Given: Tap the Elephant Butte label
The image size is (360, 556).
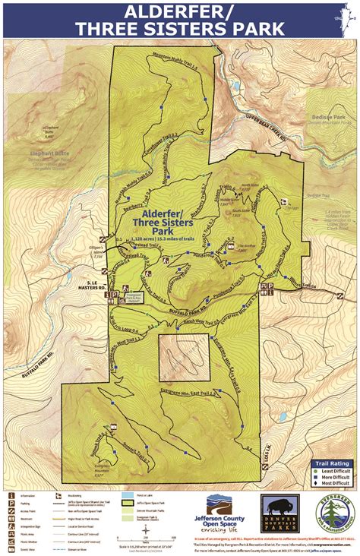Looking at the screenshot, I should tap(49, 153).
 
